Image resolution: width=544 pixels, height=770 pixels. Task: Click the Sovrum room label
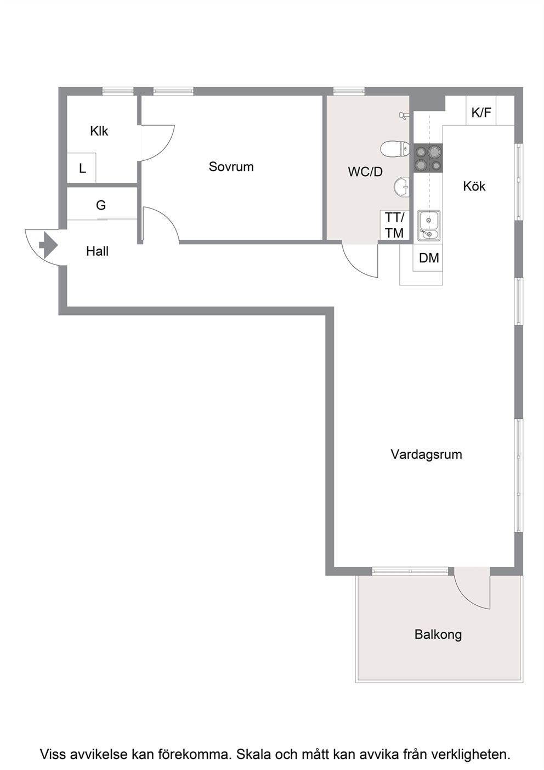coord(231,167)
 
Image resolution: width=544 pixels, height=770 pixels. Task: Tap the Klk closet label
coord(99,131)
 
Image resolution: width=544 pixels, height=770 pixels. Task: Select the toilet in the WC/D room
coord(395,149)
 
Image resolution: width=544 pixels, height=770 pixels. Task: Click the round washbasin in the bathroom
coord(401,187)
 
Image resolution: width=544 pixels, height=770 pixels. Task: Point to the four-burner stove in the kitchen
coord(428,158)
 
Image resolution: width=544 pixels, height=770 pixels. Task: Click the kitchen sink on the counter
coord(428,225)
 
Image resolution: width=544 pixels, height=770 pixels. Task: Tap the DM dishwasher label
coord(429,258)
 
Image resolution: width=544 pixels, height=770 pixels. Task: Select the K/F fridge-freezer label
coord(481,112)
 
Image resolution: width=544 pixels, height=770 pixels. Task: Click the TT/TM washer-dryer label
coord(394,225)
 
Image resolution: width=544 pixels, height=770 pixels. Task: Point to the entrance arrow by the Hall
coord(48,245)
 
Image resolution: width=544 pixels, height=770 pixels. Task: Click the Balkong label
coord(438,634)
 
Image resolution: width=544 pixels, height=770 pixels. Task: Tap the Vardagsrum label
coord(426,454)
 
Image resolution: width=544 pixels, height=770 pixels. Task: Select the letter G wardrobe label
coord(100,205)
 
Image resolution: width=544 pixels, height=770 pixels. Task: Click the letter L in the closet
coord(82,168)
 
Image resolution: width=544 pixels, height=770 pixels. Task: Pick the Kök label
coord(474,186)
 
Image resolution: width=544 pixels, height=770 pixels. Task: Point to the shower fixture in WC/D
coord(403,116)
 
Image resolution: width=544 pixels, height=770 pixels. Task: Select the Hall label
coord(97,251)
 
